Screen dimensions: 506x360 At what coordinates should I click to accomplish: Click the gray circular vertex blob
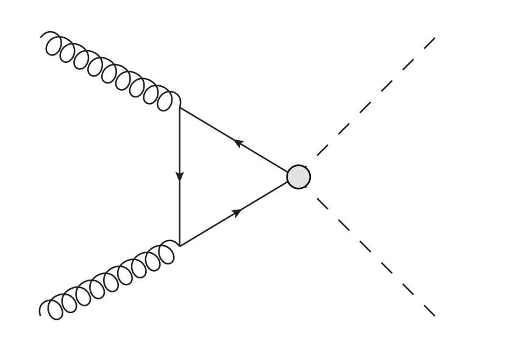[299, 177]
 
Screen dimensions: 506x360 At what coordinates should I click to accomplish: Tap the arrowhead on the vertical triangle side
[180, 176]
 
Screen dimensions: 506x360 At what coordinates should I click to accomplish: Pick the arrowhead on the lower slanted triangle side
[238, 211]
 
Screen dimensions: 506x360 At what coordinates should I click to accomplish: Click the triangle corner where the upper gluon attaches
[180, 108]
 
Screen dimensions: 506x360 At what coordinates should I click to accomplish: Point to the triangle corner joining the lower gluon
[180, 245]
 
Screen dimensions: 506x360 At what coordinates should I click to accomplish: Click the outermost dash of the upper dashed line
[427, 44]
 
